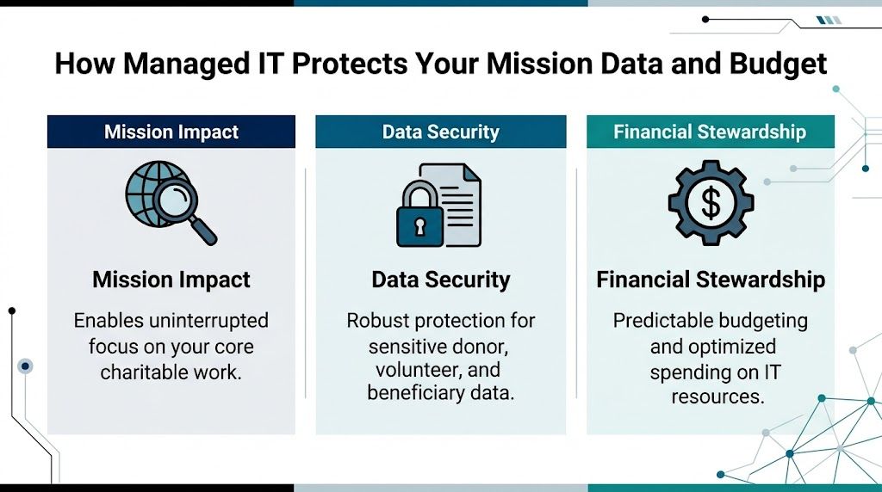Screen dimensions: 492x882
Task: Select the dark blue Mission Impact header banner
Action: [x=171, y=132]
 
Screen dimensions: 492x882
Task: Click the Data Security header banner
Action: [x=440, y=132]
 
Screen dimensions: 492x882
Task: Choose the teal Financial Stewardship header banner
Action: [x=710, y=132]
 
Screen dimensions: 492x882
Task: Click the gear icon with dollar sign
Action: [x=711, y=203]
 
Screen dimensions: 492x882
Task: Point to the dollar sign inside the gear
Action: [x=711, y=203]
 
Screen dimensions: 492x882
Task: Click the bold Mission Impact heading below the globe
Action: [x=171, y=280]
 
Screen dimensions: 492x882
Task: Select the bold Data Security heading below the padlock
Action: [x=440, y=280]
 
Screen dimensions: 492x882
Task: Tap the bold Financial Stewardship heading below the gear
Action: [x=711, y=280]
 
